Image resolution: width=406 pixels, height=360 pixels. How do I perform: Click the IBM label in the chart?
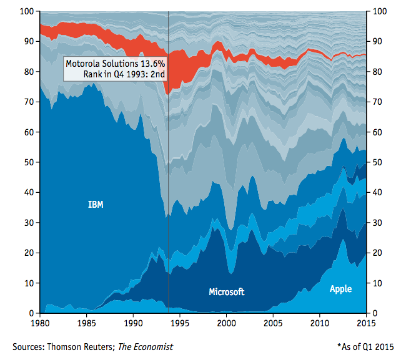(96, 204)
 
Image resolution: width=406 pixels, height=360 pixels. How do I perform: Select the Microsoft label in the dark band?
(226, 291)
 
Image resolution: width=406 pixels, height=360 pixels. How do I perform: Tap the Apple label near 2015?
(340, 289)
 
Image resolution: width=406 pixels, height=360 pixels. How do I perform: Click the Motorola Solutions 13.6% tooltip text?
(116, 64)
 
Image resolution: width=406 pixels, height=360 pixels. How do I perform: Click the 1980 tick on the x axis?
(40, 324)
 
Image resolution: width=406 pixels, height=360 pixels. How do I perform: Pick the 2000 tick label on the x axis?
(226, 324)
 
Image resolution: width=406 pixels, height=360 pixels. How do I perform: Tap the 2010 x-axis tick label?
(319, 324)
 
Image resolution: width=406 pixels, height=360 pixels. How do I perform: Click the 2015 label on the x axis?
(365, 324)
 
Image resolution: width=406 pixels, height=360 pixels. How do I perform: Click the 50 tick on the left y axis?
(28, 162)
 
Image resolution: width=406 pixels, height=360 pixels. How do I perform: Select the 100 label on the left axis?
(26, 11)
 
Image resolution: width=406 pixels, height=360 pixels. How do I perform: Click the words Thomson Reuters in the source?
(86, 346)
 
